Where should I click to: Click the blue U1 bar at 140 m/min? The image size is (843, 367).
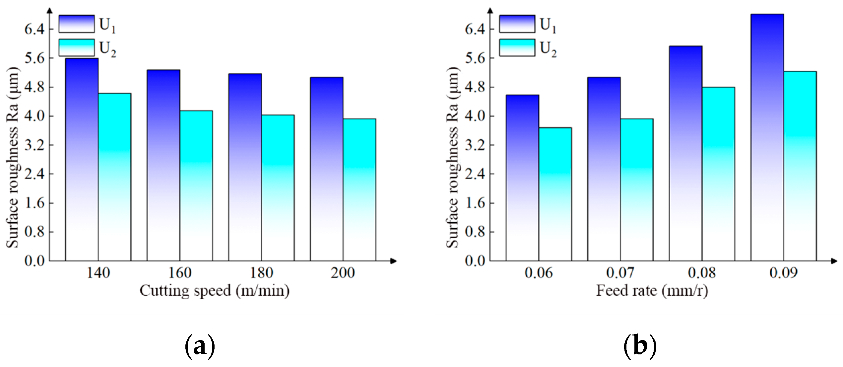82,159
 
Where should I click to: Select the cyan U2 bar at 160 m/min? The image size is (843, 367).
196,186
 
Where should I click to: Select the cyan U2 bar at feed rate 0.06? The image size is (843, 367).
555,194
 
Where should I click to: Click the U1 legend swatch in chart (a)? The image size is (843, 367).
77,24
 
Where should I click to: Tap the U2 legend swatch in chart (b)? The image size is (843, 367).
517,48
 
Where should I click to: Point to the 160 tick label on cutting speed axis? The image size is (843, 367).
180,273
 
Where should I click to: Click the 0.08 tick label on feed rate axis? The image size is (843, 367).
702,273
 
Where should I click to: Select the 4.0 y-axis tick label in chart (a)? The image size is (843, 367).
34,116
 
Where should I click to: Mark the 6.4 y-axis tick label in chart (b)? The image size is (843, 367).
475,30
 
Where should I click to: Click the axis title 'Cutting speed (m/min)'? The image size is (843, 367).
214,291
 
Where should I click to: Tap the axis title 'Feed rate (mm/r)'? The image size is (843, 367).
652,291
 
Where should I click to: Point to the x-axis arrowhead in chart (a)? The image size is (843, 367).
394,261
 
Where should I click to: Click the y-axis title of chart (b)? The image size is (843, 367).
452,158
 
